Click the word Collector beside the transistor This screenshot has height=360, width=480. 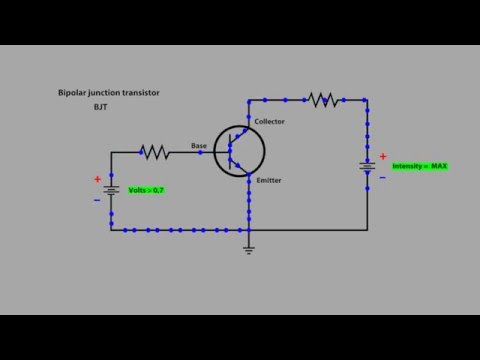pos(270,122)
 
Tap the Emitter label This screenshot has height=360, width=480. pos(268,181)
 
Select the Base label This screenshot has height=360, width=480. pos(199,146)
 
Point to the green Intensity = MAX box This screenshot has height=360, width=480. pos(419,165)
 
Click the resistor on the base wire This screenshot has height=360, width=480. pos(154,152)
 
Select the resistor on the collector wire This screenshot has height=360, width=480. pos(322,99)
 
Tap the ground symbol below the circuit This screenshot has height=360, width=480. pos(249,250)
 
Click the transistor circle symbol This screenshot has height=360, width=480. pos(240,151)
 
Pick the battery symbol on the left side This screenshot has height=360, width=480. pos(111,189)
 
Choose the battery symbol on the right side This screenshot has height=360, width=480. pos(367,166)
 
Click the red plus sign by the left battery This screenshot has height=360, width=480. pos(97,179)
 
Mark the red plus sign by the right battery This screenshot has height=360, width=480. pos(382,156)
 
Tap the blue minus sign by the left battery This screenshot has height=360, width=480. pos(97,199)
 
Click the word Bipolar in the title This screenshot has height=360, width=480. pos(72,93)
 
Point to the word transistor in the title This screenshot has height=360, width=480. pos(140,93)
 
